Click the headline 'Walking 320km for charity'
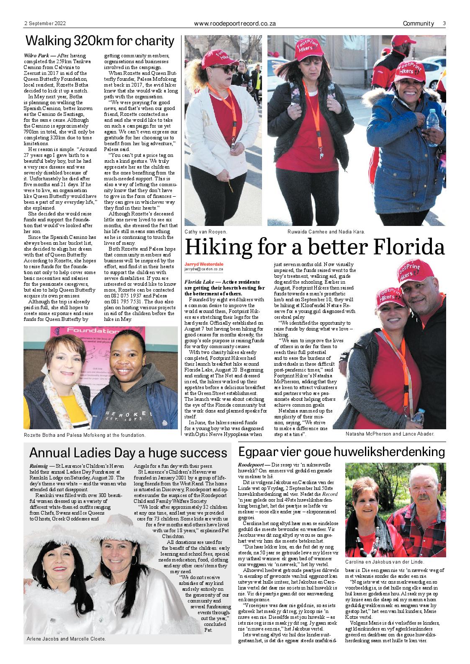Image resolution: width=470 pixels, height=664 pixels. pos(100,41)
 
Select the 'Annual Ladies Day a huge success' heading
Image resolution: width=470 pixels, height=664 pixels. pos(128,453)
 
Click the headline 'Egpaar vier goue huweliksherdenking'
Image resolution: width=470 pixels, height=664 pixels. pos(341,452)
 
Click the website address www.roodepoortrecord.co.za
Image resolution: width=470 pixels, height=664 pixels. pos(235,24)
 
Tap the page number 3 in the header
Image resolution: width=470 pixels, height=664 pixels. pos(444,24)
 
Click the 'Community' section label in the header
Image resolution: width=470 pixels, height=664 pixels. pos(418,24)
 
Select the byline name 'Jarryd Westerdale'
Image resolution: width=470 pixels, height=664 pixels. pos(204,264)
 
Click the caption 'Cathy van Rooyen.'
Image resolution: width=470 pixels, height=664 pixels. pos(206,231)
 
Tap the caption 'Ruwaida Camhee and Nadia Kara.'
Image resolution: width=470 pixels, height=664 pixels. pos(326,231)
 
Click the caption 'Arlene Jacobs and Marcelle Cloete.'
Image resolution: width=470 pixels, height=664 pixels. pos(66,639)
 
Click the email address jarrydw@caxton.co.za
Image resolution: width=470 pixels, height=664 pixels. pos(203,269)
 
